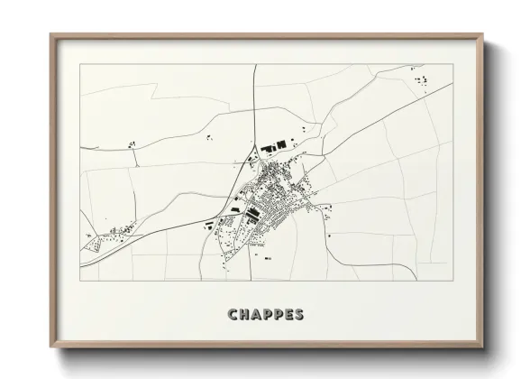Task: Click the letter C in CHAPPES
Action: coord(234,315)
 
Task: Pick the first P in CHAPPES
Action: coord(269,315)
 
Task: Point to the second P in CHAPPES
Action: coord(279,315)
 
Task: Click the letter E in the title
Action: coord(289,315)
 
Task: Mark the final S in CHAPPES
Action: coord(299,315)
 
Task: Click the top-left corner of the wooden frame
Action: coord(51,35)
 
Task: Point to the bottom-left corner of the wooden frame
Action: coord(51,347)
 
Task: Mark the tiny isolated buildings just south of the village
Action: coord(269,258)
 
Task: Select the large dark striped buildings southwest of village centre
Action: coord(252,213)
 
